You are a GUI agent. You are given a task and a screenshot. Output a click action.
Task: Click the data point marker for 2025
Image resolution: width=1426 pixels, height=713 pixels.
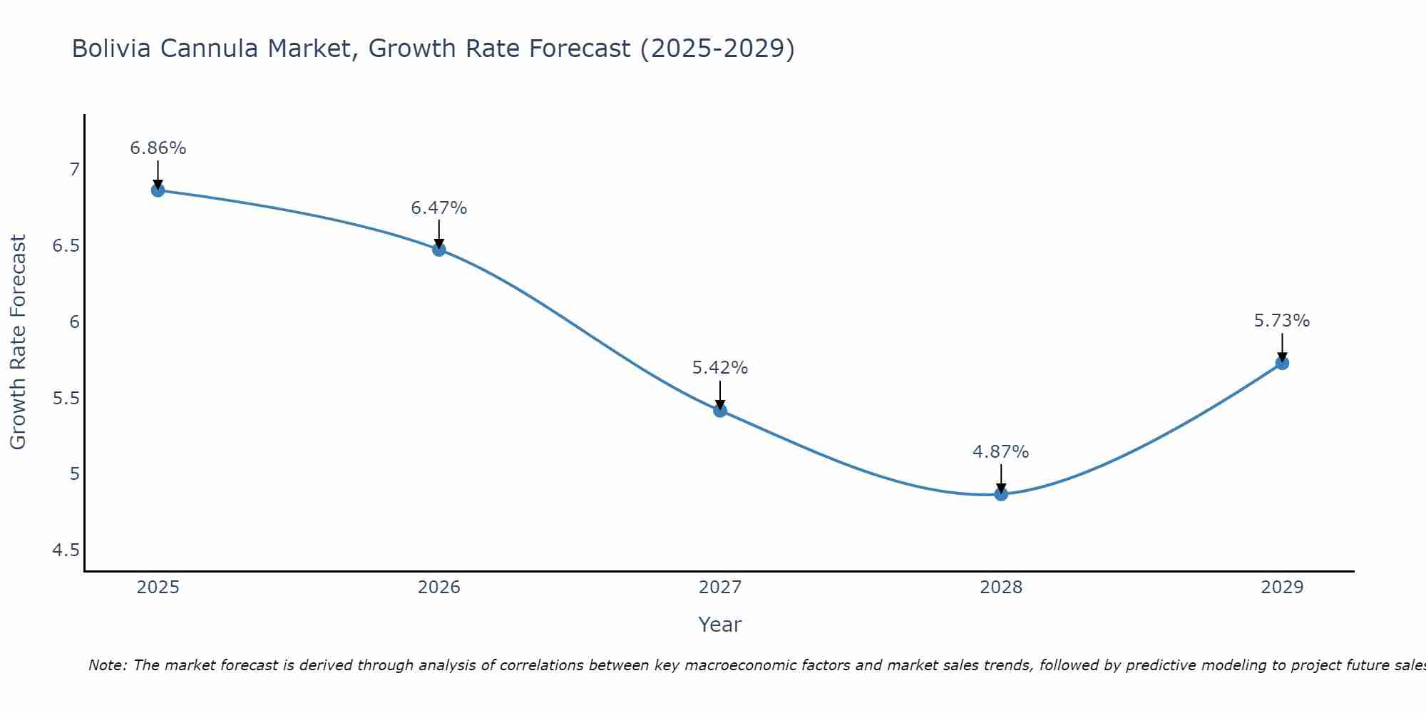[158, 190]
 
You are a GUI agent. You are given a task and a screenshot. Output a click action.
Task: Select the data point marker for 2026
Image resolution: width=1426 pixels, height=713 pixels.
[438, 250]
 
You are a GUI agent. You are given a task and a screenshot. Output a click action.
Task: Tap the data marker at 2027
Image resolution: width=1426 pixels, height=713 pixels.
[720, 410]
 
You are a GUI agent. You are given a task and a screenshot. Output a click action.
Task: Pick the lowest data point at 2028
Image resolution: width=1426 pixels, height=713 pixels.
[1001, 494]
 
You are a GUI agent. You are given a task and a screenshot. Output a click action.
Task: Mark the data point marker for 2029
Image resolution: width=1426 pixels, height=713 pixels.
[1282, 363]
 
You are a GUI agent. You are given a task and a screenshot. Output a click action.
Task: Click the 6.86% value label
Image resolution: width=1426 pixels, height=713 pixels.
[158, 148]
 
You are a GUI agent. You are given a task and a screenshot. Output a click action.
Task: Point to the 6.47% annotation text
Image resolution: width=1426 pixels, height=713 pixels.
[438, 208]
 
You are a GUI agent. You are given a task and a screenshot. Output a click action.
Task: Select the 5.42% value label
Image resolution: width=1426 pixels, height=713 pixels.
[720, 368]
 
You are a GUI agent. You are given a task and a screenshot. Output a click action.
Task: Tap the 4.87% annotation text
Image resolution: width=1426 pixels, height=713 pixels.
[1001, 452]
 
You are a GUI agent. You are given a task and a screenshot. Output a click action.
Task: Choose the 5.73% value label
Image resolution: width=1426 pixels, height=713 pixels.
[1282, 321]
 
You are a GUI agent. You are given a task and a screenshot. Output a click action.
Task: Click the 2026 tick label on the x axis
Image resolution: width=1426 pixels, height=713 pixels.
[438, 588]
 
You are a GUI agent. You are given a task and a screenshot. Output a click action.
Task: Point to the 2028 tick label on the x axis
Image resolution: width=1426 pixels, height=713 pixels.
[1001, 588]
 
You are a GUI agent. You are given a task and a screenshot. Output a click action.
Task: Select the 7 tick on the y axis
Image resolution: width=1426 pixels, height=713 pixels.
[74, 170]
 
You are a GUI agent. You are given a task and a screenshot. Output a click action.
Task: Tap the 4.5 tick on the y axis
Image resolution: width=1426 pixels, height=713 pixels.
[66, 550]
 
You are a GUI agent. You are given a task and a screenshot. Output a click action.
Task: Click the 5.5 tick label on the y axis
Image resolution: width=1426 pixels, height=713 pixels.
[66, 398]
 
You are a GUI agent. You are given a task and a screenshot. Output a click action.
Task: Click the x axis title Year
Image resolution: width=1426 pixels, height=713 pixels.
[720, 625]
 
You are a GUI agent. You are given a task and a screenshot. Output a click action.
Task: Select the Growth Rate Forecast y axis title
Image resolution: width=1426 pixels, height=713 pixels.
[18, 342]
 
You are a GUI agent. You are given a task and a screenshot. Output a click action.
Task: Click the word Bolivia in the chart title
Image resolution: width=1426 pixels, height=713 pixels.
[111, 48]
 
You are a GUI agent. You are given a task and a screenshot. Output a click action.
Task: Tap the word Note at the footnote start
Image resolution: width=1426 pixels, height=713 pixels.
[107, 665]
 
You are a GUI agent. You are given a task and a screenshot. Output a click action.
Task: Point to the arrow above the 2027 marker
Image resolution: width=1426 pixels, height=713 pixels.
[720, 394]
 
